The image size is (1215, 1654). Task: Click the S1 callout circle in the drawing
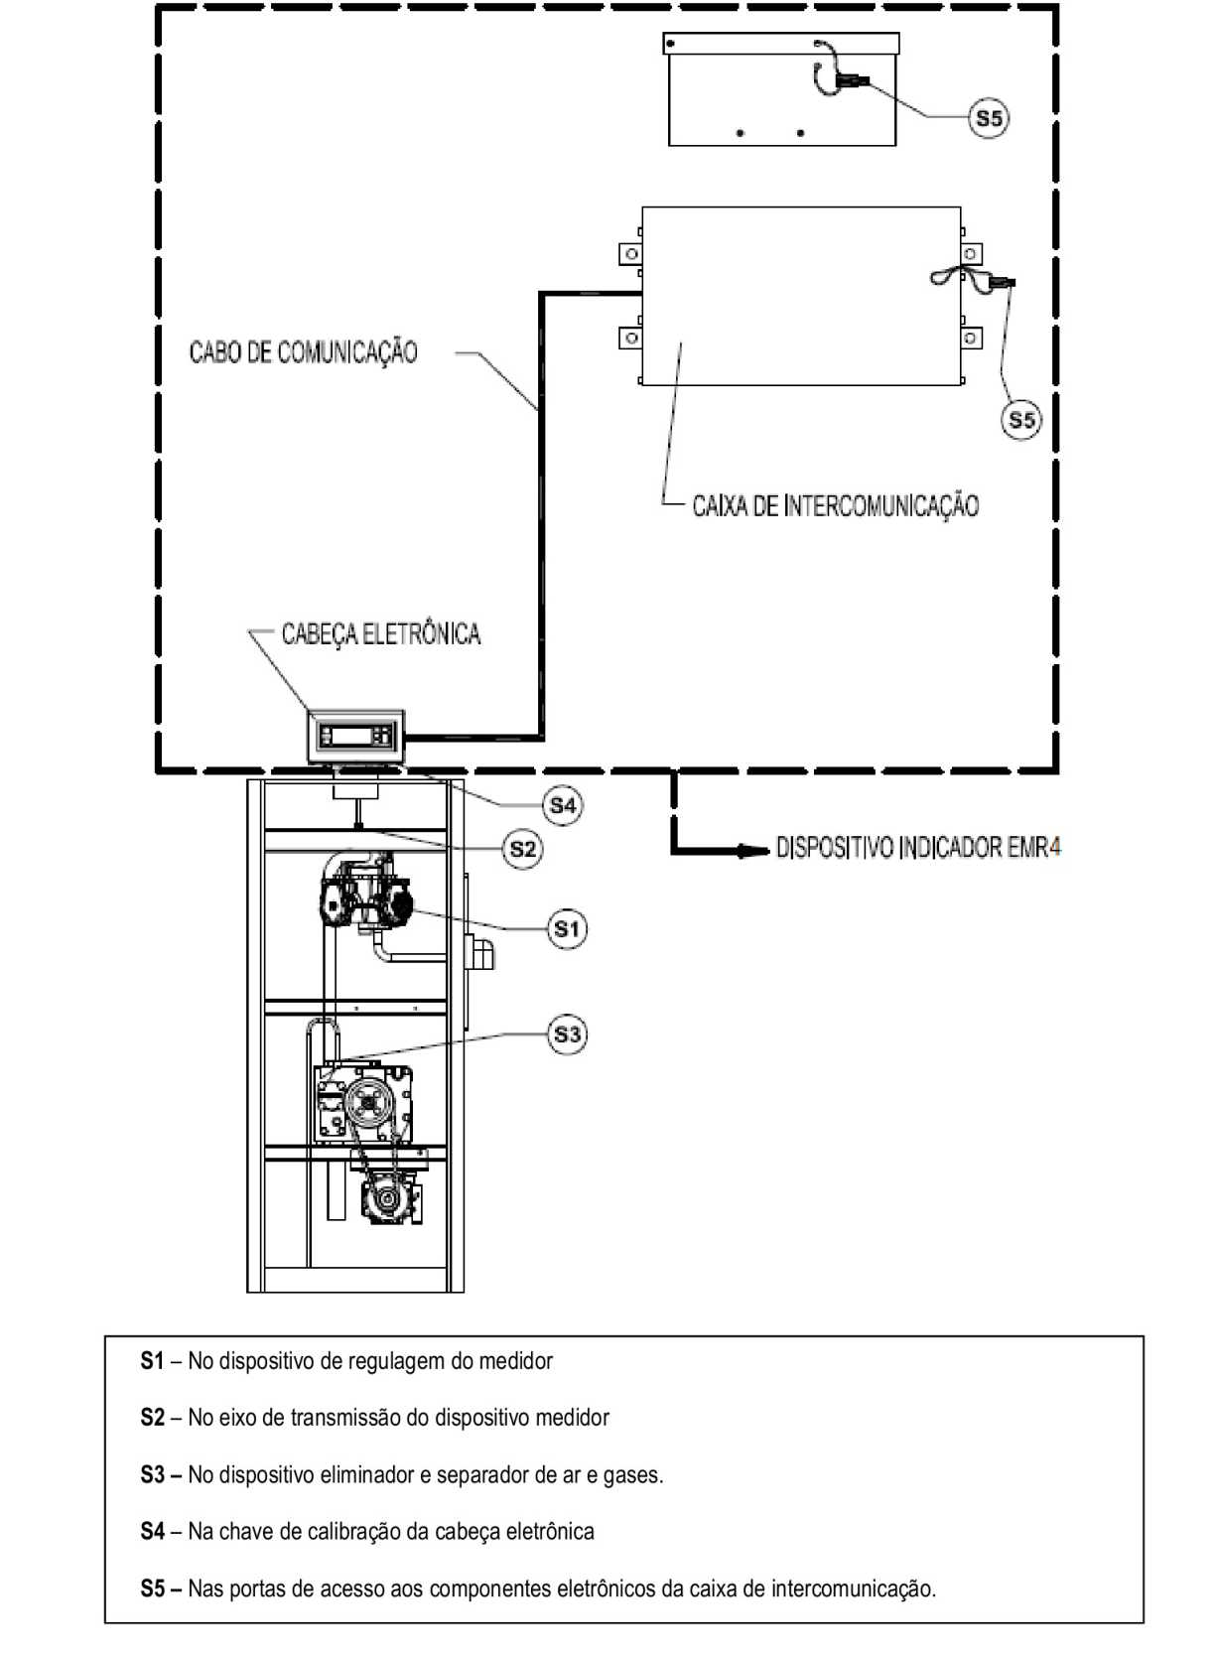coord(567,928)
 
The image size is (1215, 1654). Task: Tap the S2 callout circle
coord(522,849)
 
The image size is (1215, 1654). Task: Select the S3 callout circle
coord(567,1034)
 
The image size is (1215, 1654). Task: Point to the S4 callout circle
coord(563,805)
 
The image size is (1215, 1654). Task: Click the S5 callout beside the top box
coord(989,118)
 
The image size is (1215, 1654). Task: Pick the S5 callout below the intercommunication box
coord(1021,419)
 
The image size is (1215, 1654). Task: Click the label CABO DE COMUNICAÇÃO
coord(304,351)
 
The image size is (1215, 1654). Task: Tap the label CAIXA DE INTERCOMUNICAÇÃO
coord(836,505)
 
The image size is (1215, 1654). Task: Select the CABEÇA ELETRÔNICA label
coord(381,633)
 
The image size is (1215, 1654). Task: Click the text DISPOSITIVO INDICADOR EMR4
coord(918,848)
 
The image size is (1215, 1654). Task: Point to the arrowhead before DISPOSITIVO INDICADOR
coord(750,852)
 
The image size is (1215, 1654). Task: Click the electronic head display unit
coord(356,737)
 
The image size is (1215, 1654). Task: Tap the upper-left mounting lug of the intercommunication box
coord(629,255)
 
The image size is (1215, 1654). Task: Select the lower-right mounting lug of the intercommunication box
coord(972,339)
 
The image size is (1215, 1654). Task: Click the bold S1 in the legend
coord(152,1360)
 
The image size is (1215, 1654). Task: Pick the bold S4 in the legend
coord(152,1531)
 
